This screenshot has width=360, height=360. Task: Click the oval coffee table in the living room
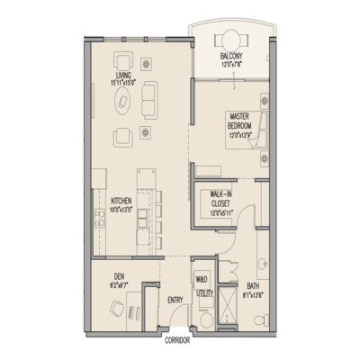coord(123,103)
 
